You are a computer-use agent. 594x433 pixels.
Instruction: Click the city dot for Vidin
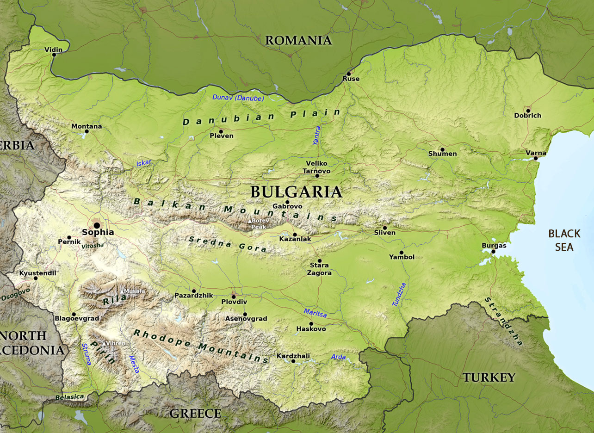[x=54, y=55]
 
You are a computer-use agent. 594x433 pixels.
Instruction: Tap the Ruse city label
[x=351, y=79]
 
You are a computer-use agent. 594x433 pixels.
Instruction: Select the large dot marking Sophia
[x=97, y=225]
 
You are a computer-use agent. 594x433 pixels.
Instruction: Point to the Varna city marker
[x=536, y=158]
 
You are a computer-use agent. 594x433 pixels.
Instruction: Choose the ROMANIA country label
[x=298, y=41]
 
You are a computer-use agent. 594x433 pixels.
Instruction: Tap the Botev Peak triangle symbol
[x=250, y=221]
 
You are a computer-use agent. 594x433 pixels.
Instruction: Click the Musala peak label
[x=135, y=291]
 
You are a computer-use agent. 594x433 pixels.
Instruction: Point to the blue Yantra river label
[x=317, y=136]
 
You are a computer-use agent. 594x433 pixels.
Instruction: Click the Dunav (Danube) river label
[x=238, y=98]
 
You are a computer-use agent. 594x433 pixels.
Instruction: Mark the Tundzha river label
[x=399, y=294]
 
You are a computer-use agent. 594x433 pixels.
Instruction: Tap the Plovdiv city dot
[x=234, y=297]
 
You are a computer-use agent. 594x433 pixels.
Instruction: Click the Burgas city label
[x=494, y=246]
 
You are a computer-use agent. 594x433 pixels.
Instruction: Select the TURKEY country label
[x=489, y=377]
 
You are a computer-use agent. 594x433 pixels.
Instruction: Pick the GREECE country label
[x=195, y=414]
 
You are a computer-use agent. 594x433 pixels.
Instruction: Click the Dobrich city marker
[x=528, y=110]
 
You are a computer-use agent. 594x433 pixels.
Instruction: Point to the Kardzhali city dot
[x=293, y=361]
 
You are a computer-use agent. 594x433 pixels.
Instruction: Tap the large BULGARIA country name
[x=296, y=192]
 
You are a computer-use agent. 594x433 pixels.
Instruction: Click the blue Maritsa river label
[x=315, y=313]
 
